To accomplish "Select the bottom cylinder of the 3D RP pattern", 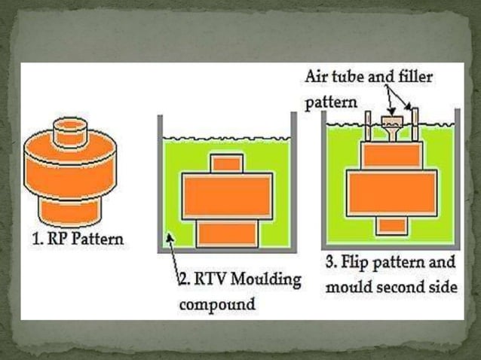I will pos(69,209).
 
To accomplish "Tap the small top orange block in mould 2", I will pos(227,163).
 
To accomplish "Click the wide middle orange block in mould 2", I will pos(227,196).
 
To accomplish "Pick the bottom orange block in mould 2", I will pos(227,233).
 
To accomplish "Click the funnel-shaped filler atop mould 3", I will pos(391,125).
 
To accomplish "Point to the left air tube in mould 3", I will pos(369,126).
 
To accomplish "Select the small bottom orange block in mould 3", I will pos(391,224).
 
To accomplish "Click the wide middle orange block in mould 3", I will pos(391,193).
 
